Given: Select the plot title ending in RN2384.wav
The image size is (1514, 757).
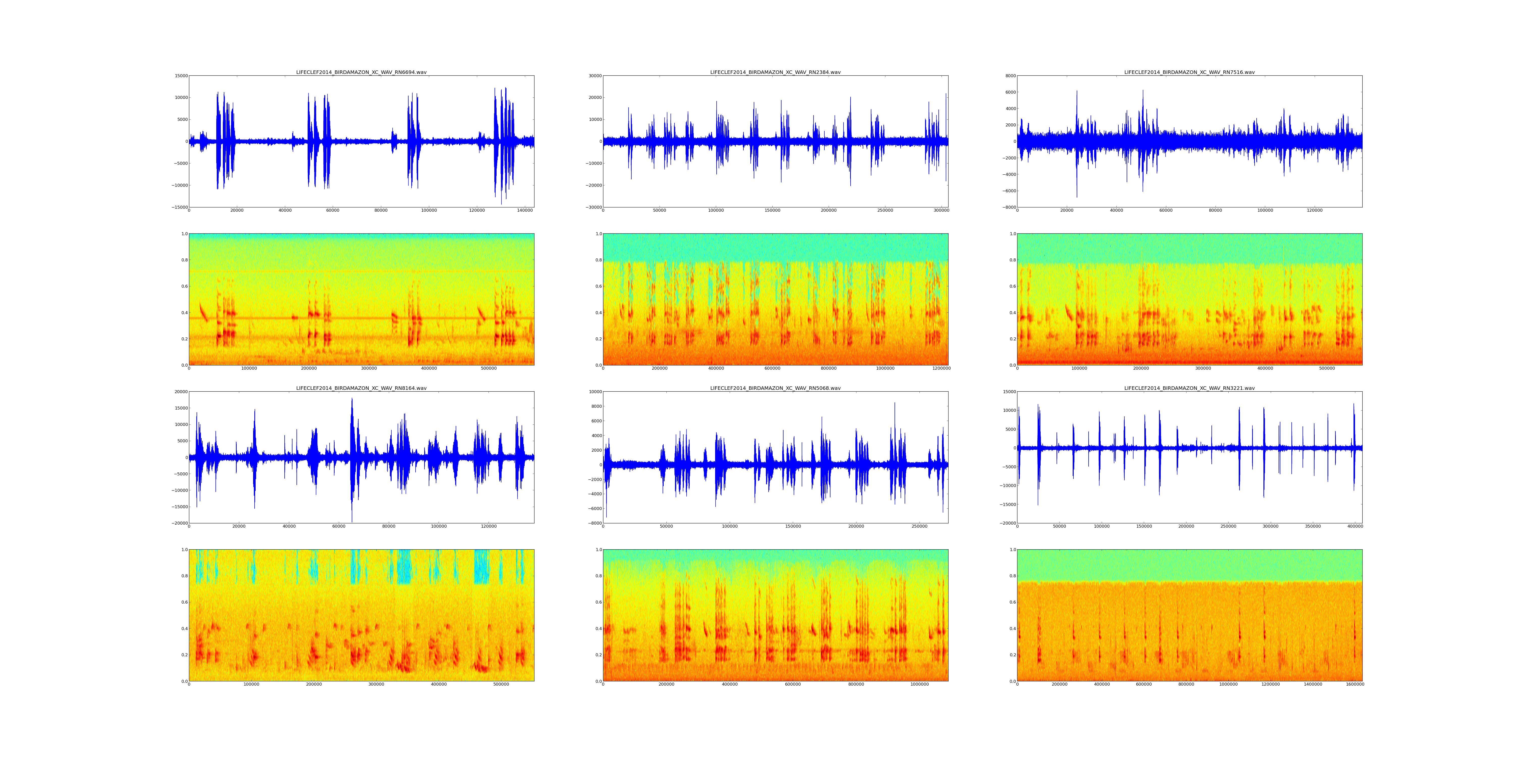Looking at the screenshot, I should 775,72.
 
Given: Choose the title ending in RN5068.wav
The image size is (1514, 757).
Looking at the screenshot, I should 775,388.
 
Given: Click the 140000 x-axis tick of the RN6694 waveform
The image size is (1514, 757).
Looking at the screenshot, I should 525,210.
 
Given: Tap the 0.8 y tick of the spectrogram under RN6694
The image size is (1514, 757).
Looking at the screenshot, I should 184,260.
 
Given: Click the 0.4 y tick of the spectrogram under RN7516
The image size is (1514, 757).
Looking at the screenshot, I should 1012,313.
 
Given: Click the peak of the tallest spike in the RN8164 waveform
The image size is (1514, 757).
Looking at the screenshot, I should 352,398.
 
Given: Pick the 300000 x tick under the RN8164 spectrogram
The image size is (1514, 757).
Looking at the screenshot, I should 376,684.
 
